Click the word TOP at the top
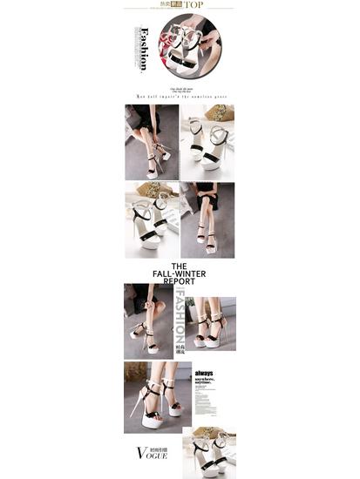[194, 4]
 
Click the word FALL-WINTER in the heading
[179, 273]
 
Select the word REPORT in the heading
[179, 281]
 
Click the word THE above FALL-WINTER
[179, 266]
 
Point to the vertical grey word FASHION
[179, 317]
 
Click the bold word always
[206, 372]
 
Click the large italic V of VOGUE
[142, 453]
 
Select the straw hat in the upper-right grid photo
[221, 112]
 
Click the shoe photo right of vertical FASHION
[211, 322]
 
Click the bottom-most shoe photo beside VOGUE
[209, 452]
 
